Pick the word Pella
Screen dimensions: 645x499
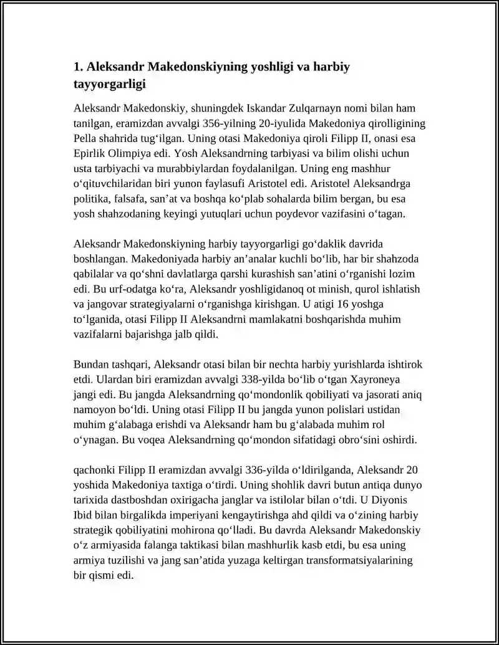[x=85, y=138]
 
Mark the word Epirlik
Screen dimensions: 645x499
[x=89, y=153]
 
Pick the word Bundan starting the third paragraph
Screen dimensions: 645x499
[x=90, y=365]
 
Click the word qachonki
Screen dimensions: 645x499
[x=94, y=469]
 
